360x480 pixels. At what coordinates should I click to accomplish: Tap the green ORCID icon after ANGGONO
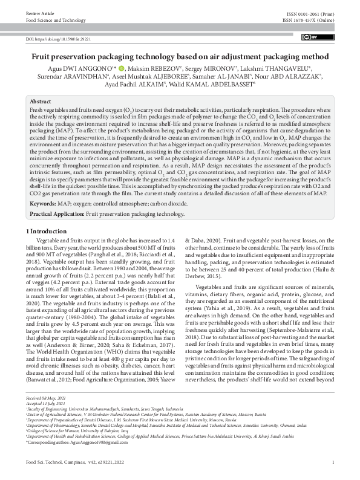120,68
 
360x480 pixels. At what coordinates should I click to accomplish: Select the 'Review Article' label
39,12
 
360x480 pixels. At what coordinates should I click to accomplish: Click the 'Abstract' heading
41,102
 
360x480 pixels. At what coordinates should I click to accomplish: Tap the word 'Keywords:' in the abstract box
44,204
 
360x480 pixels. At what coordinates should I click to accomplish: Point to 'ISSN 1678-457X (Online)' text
309,20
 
